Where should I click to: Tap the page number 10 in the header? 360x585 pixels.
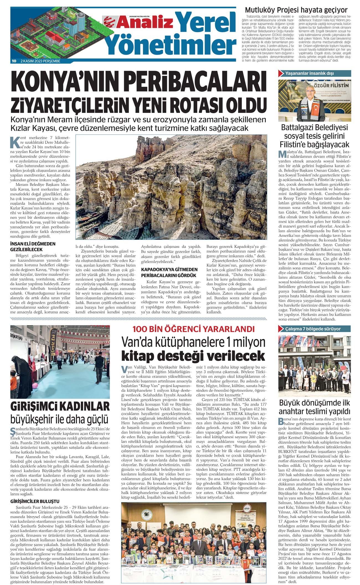[14, 61]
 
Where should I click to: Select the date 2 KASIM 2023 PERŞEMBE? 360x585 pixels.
[42, 61]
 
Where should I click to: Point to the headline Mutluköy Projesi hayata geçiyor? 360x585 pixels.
[296, 10]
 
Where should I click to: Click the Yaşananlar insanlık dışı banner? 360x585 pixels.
[315, 74]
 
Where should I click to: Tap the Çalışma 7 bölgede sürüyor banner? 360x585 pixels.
[315, 329]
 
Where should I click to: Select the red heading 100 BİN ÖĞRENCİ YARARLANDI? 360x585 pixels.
[194, 329]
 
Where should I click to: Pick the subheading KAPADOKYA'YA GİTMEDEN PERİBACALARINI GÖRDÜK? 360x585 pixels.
[169, 272]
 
